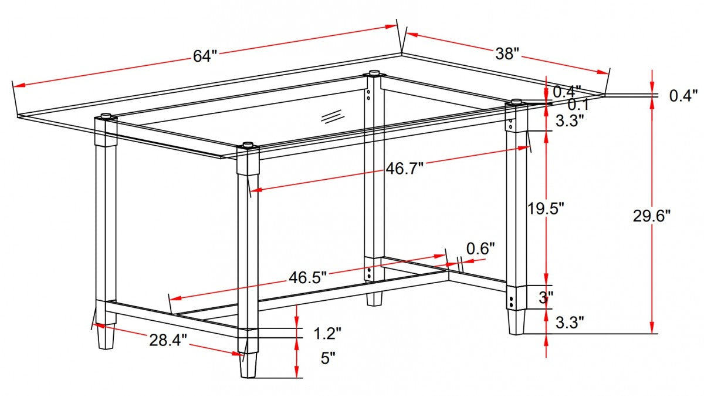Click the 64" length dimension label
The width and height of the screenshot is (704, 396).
(205, 56)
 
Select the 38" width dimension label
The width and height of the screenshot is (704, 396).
(507, 54)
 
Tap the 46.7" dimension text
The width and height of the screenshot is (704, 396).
(404, 169)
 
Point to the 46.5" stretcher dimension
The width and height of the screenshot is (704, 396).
(307, 277)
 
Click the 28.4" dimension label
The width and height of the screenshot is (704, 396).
(168, 339)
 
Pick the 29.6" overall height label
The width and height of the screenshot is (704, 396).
(651, 216)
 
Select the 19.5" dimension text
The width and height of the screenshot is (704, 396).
(545, 208)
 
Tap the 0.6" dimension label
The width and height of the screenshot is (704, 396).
(480, 249)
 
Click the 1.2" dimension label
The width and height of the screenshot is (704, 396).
(327, 334)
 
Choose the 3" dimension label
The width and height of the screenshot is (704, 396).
(546, 297)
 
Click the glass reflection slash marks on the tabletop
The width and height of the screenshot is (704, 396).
(331, 116)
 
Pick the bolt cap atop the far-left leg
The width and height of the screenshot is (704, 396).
(106, 116)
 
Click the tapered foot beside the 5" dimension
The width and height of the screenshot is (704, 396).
(249, 364)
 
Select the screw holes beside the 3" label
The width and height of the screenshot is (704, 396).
(513, 301)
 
